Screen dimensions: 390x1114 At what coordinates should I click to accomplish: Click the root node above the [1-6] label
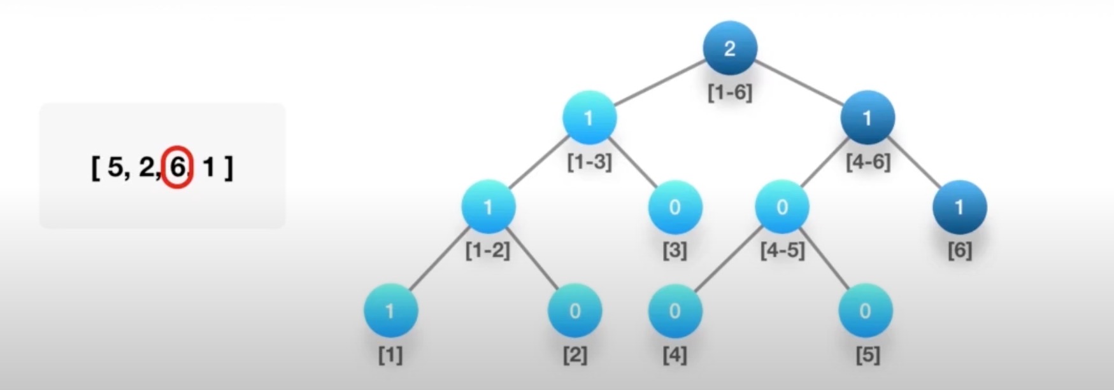730,48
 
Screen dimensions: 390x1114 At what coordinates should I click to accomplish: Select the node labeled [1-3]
589,118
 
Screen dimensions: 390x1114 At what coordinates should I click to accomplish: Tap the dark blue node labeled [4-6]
868,118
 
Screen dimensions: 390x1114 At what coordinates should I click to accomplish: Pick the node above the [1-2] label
489,207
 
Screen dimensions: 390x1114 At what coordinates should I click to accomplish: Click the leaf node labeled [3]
675,207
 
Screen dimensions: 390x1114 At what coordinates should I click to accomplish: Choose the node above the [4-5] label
782,207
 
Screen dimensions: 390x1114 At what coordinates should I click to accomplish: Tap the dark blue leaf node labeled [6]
960,207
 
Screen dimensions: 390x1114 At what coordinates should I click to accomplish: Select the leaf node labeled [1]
390,310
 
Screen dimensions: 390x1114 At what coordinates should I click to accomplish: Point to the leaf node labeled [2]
575,310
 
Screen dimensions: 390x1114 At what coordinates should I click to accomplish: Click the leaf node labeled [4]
675,310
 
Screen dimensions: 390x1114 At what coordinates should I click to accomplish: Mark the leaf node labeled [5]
865,310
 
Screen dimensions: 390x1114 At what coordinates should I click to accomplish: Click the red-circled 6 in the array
178,167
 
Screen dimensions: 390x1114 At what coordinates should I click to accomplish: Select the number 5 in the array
115,167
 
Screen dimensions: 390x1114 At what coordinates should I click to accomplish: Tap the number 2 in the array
146,167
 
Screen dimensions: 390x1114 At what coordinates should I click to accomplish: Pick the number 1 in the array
208,167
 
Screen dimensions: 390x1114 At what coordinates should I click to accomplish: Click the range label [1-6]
730,92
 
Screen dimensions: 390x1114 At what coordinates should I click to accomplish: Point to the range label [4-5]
782,251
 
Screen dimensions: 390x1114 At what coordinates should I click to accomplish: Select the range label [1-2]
488,251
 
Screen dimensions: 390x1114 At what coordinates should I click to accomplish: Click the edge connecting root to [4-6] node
799,83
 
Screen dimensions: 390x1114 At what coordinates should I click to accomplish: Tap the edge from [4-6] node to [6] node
914,162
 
